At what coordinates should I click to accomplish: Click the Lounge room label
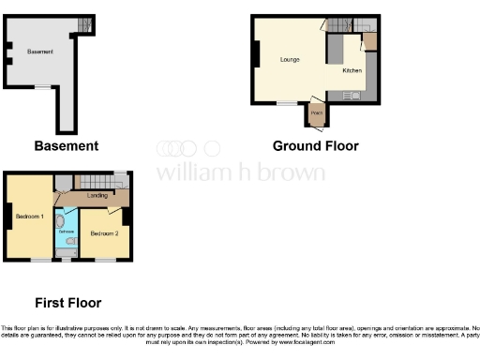click(289, 60)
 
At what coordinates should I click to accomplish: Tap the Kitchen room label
click(352, 71)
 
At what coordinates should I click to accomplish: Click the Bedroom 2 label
click(103, 232)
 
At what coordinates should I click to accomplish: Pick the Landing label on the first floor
click(97, 196)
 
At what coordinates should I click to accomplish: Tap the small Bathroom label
click(67, 230)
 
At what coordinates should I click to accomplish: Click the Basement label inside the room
click(40, 52)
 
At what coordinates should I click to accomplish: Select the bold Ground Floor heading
click(315, 146)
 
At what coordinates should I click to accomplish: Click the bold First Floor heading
click(67, 303)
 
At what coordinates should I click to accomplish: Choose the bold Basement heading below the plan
click(66, 146)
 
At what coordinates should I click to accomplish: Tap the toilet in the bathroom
click(73, 241)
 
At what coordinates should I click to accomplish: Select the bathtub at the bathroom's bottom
click(67, 250)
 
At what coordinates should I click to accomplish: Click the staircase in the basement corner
click(85, 23)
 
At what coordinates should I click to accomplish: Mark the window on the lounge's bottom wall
click(281, 103)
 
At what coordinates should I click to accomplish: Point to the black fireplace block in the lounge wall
click(254, 55)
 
